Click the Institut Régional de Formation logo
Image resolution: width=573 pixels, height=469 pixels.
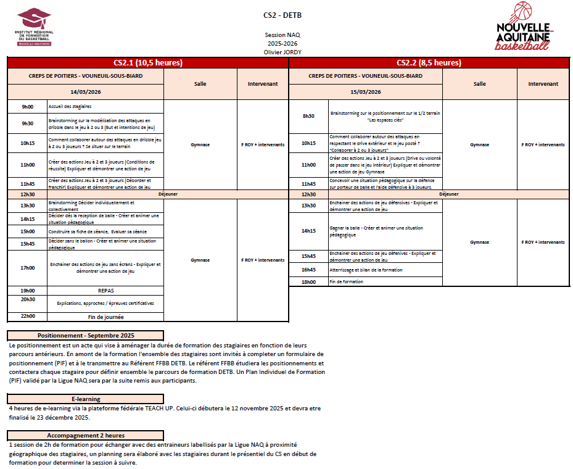pos(35,27)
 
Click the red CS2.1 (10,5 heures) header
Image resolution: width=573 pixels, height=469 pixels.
pos(148,62)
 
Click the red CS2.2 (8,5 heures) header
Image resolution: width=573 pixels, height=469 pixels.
pos(429,62)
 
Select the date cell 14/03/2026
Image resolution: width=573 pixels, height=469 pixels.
pos(86,92)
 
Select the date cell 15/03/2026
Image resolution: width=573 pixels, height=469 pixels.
pos(366,92)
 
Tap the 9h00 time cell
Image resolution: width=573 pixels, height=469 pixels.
pos(28,107)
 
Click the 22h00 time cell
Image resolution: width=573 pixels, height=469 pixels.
pos(28,317)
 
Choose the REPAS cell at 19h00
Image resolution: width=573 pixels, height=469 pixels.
pos(105,290)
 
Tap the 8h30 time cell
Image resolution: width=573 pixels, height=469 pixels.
pos(308,116)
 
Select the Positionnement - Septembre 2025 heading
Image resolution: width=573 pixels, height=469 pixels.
pos(86,335)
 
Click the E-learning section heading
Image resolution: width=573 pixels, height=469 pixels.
pos(86,399)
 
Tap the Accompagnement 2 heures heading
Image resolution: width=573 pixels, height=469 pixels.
pos(86,435)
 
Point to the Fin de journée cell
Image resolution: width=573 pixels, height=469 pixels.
pos(105,317)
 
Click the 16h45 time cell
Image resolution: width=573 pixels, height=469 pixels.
pos(308,270)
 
